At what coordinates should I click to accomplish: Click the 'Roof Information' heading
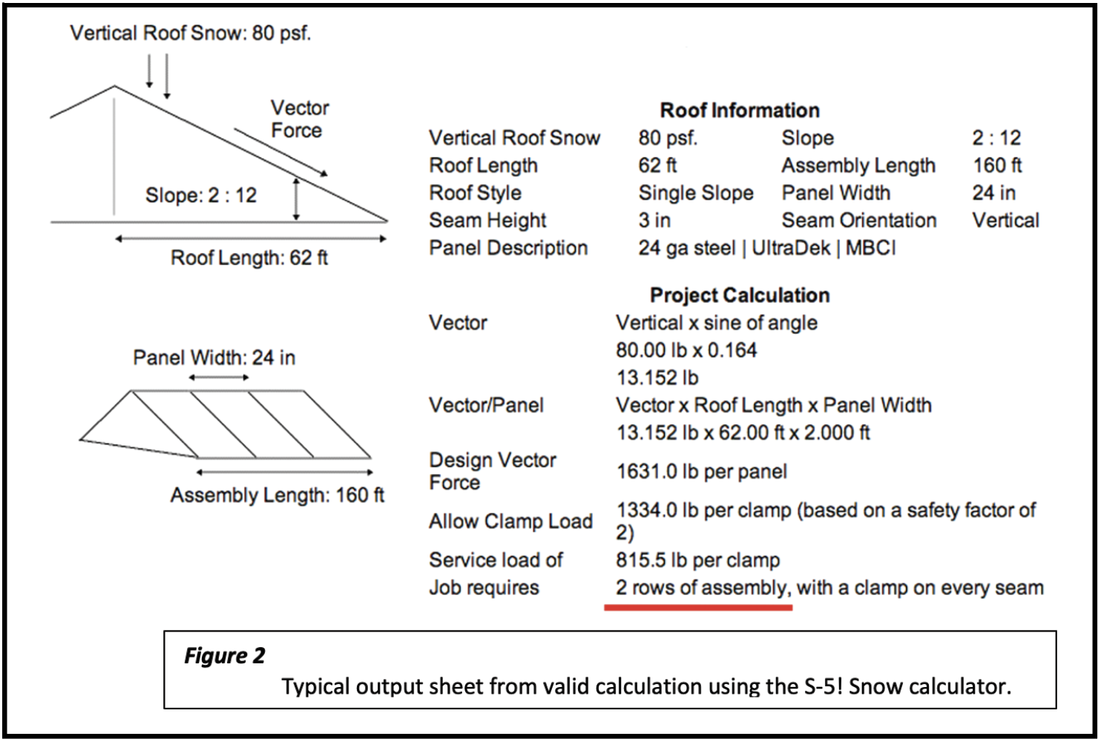[x=740, y=111]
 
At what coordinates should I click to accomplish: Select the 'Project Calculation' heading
[x=740, y=295]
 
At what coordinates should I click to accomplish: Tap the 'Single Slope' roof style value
[x=695, y=193]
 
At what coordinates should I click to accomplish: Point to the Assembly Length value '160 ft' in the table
[x=996, y=165]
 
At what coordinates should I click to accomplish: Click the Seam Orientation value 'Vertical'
[x=1005, y=220]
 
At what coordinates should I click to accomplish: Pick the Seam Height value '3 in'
[x=654, y=220]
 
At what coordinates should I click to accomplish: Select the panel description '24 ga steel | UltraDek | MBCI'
[x=766, y=248]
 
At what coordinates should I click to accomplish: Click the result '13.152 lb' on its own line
[x=657, y=378]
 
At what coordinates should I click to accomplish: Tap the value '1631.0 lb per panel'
[x=701, y=471]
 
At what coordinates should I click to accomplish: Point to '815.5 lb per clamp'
[x=697, y=560]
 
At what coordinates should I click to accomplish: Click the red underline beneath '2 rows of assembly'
[x=698, y=608]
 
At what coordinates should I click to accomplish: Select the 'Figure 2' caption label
[x=224, y=656]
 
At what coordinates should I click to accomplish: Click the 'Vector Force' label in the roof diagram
[x=298, y=119]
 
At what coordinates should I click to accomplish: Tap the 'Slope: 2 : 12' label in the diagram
[x=200, y=195]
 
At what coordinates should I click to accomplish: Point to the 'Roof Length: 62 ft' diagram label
[x=249, y=258]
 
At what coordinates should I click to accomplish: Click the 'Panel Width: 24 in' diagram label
[x=214, y=358]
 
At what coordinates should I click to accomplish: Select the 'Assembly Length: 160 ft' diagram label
[x=277, y=495]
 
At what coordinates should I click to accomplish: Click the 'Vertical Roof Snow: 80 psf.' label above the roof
[x=190, y=33]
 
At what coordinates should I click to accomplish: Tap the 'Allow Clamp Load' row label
[x=510, y=522]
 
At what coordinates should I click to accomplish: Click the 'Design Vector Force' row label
[x=492, y=471]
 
